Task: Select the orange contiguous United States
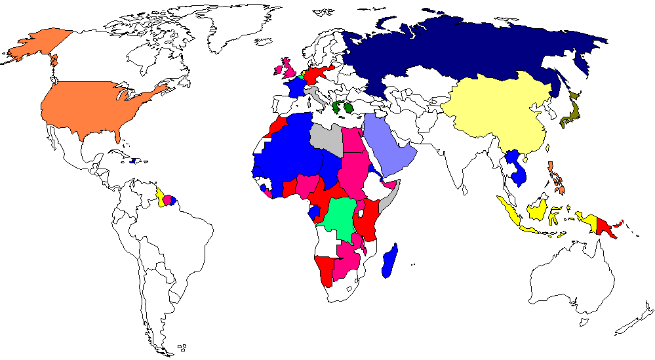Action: pos(92,105)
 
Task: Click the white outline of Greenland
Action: pos(236,26)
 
